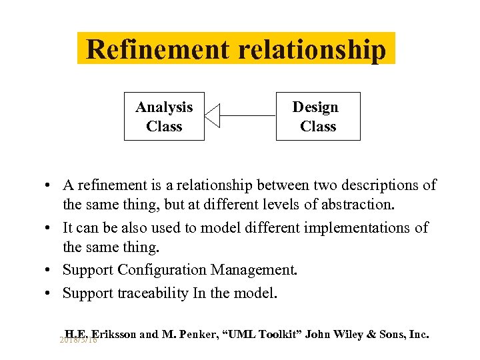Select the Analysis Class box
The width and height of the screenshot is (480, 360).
coord(163,116)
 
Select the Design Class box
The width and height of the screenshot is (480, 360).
coord(318,116)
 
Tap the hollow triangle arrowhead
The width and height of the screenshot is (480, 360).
coord(212,115)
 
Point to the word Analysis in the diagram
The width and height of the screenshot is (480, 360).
coord(164,107)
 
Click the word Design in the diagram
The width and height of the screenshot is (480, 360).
coord(315,107)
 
